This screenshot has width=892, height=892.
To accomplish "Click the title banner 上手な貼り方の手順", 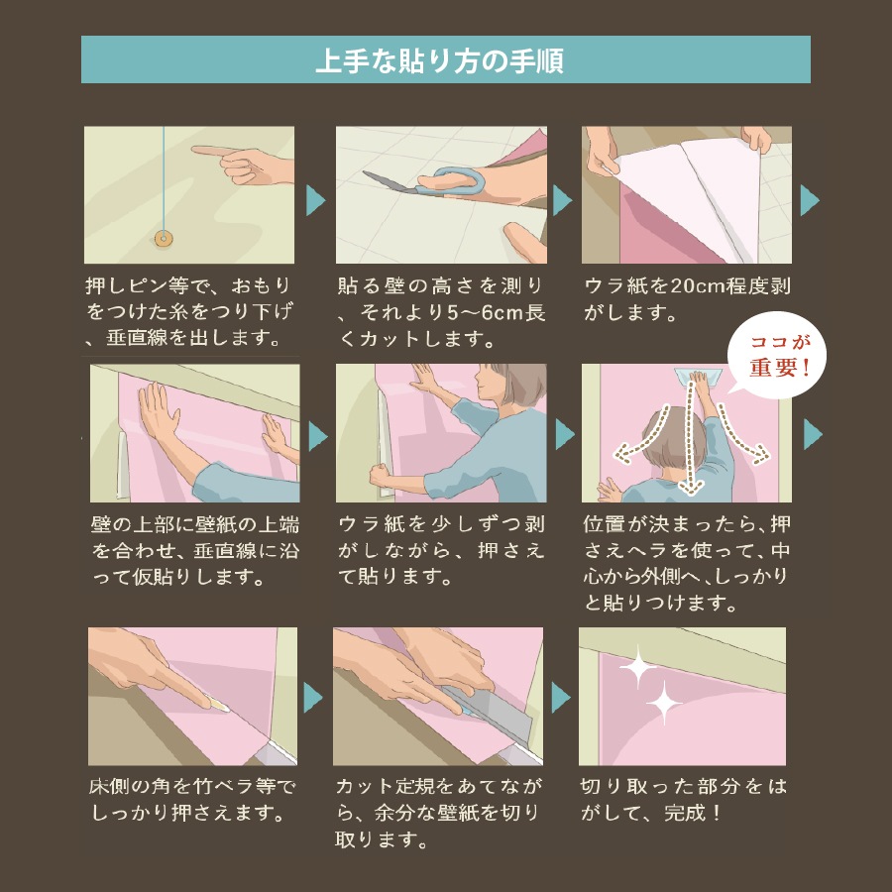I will click(x=445, y=60).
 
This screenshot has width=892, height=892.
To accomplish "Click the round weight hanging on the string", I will click(x=163, y=237).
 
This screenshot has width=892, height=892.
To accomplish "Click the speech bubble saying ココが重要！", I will click(x=778, y=355).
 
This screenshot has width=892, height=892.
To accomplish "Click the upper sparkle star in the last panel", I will click(x=638, y=669).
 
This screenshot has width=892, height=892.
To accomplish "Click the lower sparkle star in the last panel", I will click(x=663, y=705).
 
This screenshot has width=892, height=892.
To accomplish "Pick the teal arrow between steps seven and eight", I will click(x=313, y=695).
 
